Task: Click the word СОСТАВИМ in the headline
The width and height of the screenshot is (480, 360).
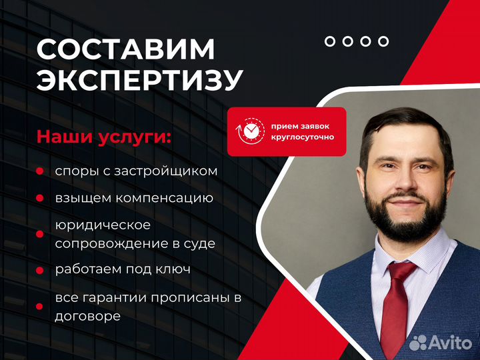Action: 125,49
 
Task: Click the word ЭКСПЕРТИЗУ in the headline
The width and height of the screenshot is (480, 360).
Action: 140,80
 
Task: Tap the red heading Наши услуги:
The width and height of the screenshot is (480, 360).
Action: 104,137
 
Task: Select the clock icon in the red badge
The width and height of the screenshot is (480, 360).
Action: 250,131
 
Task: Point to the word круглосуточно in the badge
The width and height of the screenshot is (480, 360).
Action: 303,137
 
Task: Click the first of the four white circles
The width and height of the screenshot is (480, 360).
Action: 330,41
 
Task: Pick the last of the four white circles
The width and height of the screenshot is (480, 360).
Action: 383,41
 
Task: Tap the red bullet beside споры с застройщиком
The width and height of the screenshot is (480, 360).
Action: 39,171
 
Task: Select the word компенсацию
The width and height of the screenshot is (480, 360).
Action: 165,199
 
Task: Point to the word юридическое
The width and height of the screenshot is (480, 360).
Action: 103,225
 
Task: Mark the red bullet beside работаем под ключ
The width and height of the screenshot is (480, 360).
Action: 39,270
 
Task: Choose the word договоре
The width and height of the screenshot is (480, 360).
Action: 87,316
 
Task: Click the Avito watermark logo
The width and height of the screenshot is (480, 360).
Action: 441,342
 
